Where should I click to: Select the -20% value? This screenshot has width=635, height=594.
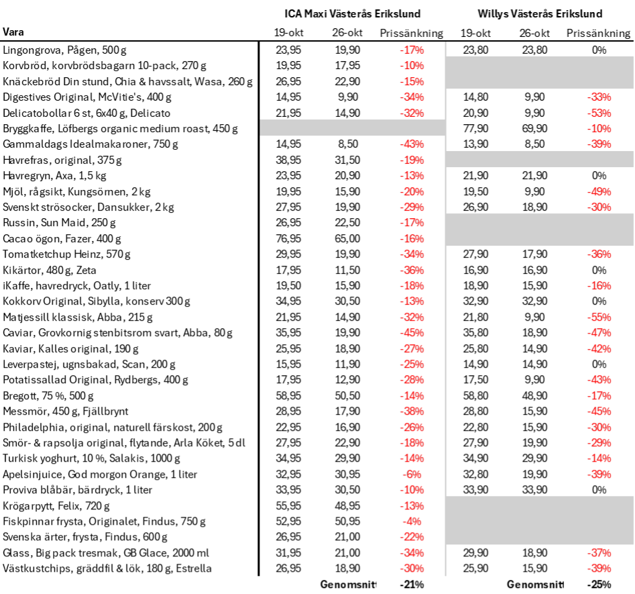[x=412, y=192]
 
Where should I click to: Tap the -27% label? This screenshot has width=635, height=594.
[x=412, y=349]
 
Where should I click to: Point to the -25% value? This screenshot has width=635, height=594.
[x=412, y=364]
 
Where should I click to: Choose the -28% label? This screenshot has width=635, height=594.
[x=412, y=380]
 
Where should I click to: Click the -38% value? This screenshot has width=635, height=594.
[x=412, y=411]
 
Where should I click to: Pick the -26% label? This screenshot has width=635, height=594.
[x=412, y=428]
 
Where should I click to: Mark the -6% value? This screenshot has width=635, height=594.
[x=412, y=475]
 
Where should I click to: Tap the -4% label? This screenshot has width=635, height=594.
[x=412, y=522]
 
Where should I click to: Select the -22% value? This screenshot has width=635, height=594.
[x=412, y=537]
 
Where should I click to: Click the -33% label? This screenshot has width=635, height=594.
[x=599, y=97]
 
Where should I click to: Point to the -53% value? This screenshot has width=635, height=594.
[x=599, y=113]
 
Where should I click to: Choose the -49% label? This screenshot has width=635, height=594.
[x=599, y=192]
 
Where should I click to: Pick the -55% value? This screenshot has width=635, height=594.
[x=599, y=317]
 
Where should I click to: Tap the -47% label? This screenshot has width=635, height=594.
[x=599, y=333]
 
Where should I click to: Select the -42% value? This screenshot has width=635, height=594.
[x=599, y=349]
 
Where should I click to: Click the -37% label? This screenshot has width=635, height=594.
[x=599, y=553]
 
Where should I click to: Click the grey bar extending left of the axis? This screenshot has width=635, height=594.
[x=352, y=128]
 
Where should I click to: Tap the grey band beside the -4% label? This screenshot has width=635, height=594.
[x=540, y=521]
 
